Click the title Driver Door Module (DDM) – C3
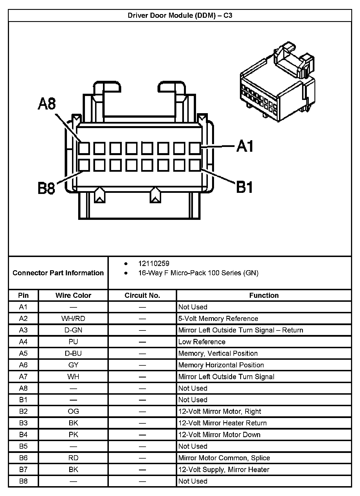point(180,15)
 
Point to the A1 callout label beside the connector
point(245,146)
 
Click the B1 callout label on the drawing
point(244,187)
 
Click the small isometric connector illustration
point(277,82)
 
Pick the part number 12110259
point(154,263)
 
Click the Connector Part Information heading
point(58,273)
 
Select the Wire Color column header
point(73,295)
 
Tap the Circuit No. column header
point(142,295)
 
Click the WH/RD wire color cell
point(73,318)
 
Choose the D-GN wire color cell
point(73,330)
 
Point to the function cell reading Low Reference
point(202,342)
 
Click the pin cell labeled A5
point(23,353)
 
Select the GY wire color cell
point(73,365)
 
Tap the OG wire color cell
point(73,411)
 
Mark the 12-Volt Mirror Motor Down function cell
point(219,435)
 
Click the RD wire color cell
point(73,458)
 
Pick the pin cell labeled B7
point(23,470)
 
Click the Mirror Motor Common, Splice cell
point(224,458)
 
